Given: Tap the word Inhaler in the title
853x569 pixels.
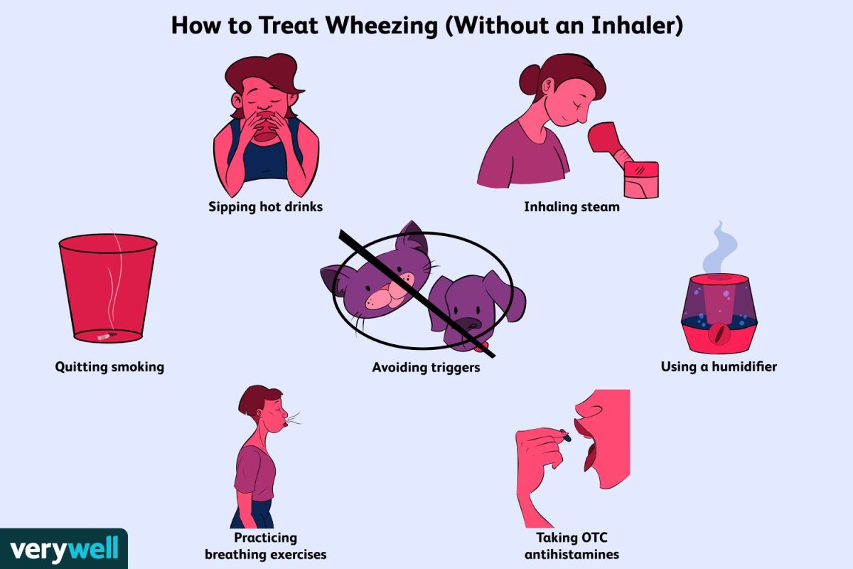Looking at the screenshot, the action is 633,25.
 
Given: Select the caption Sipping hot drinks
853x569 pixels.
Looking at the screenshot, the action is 265,207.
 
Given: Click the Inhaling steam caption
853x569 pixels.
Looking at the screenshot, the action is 572,207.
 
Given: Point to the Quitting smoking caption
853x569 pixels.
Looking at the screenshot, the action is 109,367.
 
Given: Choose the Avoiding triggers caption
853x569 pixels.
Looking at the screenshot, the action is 426,368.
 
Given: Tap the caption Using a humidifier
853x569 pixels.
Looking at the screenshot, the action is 719,366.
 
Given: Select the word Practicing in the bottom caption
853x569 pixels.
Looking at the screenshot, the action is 265,538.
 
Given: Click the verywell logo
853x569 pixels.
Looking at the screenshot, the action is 64,548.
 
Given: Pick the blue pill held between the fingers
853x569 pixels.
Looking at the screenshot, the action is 566,435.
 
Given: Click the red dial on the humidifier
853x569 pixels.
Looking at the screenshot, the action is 719,334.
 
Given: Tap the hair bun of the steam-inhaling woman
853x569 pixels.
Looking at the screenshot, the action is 530,79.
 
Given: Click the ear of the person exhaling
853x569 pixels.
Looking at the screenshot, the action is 259,413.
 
